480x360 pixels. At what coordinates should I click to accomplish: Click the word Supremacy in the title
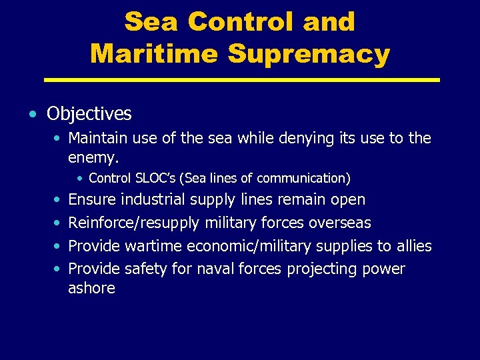(x=309, y=53)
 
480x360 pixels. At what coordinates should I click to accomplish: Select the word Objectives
(x=89, y=114)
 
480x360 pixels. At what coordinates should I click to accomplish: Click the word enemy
(x=93, y=157)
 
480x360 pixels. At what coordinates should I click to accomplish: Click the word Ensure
(x=92, y=199)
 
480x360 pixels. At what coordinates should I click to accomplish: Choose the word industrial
(x=153, y=199)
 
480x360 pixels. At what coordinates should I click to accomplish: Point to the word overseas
(x=339, y=223)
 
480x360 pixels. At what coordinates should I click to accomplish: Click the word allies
(x=413, y=246)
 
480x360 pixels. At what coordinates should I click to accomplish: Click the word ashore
(x=91, y=288)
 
